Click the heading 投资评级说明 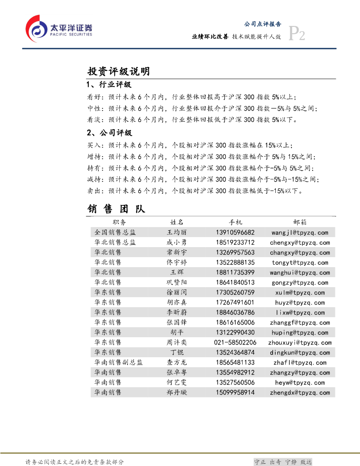(118, 71)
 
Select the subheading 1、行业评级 (109, 85)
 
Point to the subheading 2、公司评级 (109, 133)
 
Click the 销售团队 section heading (116, 209)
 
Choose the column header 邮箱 (300, 222)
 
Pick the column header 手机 (235, 222)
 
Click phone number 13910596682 (235, 233)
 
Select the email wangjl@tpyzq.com (300, 233)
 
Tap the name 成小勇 (177, 243)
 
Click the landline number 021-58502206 (235, 343)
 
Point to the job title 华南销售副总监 (118, 363)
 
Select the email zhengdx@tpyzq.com (300, 393)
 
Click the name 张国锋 (177, 323)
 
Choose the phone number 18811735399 (235, 273)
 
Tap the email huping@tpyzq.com (300, 333)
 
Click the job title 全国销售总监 (115, 233)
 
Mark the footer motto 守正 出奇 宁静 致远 (283, 462)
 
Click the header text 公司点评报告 (263, 24)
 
